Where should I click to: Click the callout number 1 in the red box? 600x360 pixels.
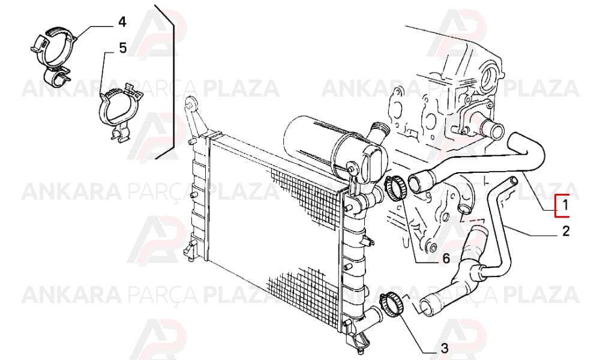tap(565, 206)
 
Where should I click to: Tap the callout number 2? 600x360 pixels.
tap(566, 230)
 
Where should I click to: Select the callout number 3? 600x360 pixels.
tap(444, 348)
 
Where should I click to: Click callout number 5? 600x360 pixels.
tap(122, 48)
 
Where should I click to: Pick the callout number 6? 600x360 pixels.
tap(446, 259)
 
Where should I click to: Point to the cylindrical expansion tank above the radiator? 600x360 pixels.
tap(325, 145)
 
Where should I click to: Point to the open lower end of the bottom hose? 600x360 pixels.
tap(425, 306)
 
